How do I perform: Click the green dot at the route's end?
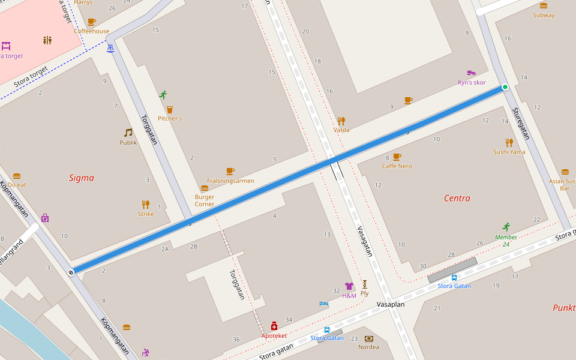(x=505, y=87)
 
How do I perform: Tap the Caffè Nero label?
(x=397, y=166)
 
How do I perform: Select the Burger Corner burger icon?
(x=205, y=188)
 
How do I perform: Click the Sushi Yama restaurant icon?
(x=509, y=142)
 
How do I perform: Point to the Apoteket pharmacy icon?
(x=274, y=326)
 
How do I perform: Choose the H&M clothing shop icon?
(x=349, y=286)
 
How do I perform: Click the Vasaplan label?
(x=391, y=304)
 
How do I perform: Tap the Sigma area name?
(x=81, y=178)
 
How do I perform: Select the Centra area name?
(x=457, y=198)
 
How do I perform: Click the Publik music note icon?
(x=128, y=133)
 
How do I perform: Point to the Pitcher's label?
(x=170, y=118)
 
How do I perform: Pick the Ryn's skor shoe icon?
(x=472, y=73)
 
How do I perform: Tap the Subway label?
(x=544, y=15)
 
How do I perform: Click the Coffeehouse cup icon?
(x=91, y=22)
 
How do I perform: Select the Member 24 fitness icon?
(x=506, y=227)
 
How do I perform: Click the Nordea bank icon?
(x=368, y=338)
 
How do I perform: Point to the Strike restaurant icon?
(x=146, y=204)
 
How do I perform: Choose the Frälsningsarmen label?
(x=230, y=181)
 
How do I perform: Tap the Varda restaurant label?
(x=341, y=130)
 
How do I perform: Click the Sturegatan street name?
(x=520, y=124)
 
